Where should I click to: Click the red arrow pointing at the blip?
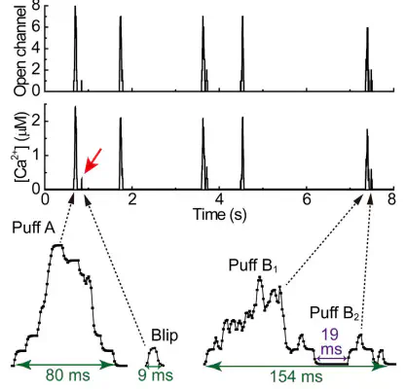click(92, 160)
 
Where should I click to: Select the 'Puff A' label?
click(33, 228)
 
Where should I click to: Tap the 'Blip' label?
click(165, 336)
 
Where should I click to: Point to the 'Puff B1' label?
click(253, 266)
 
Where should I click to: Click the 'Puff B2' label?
click(334, 313)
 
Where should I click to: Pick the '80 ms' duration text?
click(67, 375)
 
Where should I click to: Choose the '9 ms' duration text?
click(156, 375)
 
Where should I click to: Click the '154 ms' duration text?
click(296, 376)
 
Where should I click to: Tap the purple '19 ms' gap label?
click(331, 341)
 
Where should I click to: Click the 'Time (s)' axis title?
click(220, 214)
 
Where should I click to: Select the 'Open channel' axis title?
click(20, 52)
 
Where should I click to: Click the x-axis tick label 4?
click(219, 199)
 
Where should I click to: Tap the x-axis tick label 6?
click(307, 199)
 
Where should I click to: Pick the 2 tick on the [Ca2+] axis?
click(36, 122)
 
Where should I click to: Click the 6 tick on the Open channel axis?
click(36, 27)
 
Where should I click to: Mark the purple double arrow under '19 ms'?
click(331, 359)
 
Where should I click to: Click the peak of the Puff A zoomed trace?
click(57, 245)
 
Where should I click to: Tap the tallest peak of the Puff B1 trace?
click(260, 277)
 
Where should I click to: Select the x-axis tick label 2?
click(132, 199)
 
